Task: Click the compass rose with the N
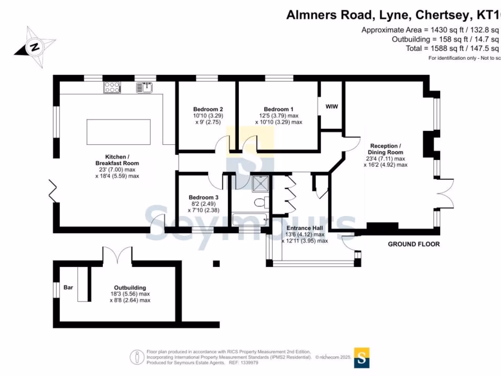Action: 34,47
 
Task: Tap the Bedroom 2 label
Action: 208,109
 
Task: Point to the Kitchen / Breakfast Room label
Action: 117,160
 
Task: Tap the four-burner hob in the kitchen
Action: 112,87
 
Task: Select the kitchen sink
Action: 145,87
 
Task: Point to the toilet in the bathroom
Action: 261,202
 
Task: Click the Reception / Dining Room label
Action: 386,149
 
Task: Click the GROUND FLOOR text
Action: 413,244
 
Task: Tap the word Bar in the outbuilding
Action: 68,287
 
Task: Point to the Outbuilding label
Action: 130,288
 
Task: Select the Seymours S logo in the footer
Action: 362,357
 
